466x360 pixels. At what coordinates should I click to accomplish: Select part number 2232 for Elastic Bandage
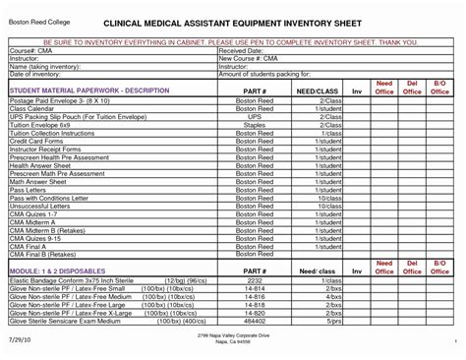pyautogui.click(x=255, y=282)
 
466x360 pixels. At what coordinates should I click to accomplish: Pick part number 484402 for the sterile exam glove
pyautogui.click(x=255, y=321)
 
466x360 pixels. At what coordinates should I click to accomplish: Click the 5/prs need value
pyautogui.click(x=334, y=321)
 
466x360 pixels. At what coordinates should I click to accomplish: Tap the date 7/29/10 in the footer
pyautogui.click(x=20, y=338)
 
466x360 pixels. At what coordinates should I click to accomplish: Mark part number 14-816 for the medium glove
pyautogui.click(x=255, y=297)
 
